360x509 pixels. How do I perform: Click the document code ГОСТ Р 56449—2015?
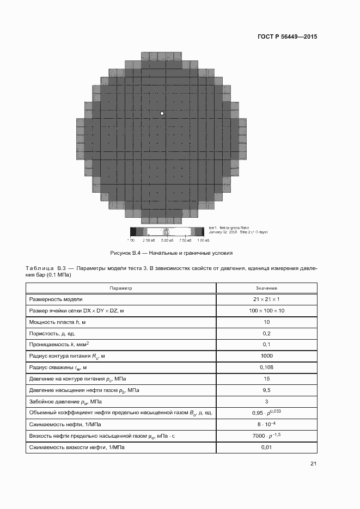[x=287, y=37]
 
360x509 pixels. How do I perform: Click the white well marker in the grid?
[x=162, y=113]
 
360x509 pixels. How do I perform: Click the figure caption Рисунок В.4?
[x=172, y=253]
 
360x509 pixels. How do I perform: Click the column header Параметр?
[x=120, y=288]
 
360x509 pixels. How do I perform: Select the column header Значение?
[x=266, y=288]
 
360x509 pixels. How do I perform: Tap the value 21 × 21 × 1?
[x=266, y=299]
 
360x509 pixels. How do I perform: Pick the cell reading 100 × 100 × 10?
[x=266, y=310]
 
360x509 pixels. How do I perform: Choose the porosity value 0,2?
[x=266, y=333]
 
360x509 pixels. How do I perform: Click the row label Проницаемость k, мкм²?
[x=59, y=345]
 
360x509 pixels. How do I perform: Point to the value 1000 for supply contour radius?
[x=266, y=356]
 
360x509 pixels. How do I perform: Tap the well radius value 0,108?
[x=266, y=367]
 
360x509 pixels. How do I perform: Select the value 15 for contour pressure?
[x=266, y=379]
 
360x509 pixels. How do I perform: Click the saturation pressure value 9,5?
[x=266, y=390]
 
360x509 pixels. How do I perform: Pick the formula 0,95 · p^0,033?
[x=266, y=413]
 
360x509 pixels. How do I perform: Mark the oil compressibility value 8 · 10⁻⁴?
[x=266, y=424]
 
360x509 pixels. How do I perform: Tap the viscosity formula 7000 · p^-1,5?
[x=266, y=436]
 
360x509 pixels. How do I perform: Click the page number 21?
[x=313, y=464]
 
